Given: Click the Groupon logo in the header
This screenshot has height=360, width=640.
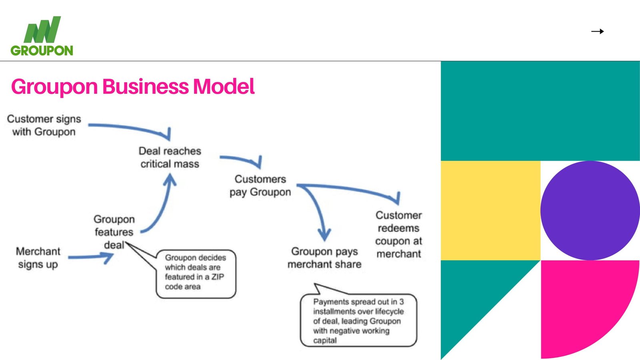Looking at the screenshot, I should [x=42, y=36].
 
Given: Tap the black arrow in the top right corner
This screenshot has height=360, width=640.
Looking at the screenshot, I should [x=597, y=31].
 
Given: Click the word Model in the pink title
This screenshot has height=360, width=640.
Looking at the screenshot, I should [x=224, y=86].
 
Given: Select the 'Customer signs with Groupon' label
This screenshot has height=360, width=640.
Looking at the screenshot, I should [x=44, y=125].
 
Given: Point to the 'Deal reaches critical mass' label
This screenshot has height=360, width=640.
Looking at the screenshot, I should [x=170, y=157].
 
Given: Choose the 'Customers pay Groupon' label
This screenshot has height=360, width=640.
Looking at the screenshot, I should [x=260, y=186].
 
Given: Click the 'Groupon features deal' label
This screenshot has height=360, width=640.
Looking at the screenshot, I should [x=114, y=232].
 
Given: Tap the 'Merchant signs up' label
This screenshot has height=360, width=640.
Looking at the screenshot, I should [x=38, y=258].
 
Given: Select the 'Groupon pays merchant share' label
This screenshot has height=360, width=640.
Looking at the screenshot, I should [x=324, y=258].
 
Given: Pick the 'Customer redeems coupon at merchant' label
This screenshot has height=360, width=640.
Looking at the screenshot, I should [x=398, y=234].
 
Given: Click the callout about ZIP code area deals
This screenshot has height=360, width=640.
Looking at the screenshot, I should [x=196, y=274].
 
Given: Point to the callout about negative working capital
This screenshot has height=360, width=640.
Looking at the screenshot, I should [x=358, y=320].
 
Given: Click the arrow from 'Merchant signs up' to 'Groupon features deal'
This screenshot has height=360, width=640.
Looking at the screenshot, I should [x=91, y=257].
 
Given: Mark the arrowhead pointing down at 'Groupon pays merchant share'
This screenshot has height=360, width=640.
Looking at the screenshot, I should [x=324, y=234].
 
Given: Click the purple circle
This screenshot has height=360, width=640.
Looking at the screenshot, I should [x=590, y=210].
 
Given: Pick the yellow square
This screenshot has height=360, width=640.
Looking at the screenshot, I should [x=490, y=210].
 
